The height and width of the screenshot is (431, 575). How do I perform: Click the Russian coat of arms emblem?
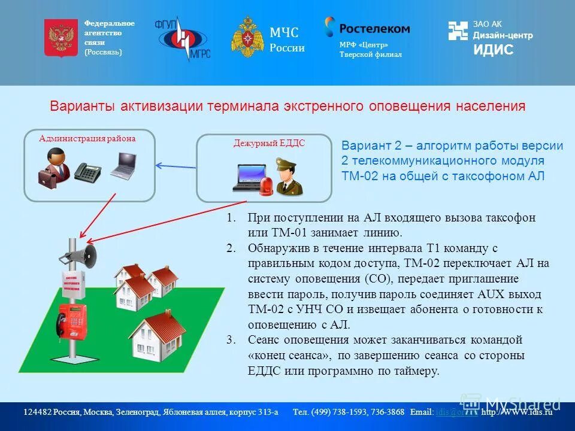point(60,38)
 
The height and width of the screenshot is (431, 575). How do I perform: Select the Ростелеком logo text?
point(374,28)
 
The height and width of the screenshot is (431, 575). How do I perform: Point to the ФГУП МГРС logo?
point(183,39)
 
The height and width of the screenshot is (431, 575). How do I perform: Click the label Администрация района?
point(87,139)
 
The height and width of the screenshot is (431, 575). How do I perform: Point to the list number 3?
point(231,340)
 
